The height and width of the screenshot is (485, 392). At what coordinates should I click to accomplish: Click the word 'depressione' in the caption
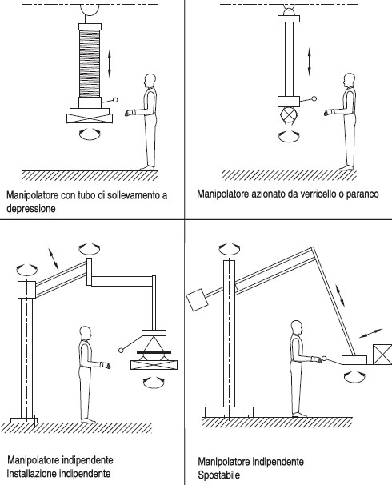pos(31,208)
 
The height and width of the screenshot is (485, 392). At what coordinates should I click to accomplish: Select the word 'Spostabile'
pos(218,475)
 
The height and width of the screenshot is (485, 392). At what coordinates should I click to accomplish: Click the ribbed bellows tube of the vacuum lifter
pos(90,63)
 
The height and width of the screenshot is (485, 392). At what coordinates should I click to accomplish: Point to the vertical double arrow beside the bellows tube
pos(109,64)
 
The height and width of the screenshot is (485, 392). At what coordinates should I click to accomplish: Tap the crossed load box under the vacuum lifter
pos(90,118)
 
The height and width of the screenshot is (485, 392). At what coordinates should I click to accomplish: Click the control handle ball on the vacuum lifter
pos(115,99)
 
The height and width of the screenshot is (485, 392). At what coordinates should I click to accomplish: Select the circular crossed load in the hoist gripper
pos(289,115)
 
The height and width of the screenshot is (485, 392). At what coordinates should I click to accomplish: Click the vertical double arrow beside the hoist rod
pos(309,62)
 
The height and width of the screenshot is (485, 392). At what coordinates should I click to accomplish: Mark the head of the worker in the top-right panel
pos(349,80)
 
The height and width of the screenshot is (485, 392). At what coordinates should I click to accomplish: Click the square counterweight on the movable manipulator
pos(197,299)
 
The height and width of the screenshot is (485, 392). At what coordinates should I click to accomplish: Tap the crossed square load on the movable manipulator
pos(382,355)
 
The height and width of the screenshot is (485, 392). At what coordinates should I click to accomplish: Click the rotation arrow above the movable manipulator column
pos(230,247)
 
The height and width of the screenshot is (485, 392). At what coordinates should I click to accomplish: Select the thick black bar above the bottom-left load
pos(154,352)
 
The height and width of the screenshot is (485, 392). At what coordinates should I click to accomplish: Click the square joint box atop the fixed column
pos(26,290)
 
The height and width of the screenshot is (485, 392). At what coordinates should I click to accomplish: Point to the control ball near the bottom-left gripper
pos(121,350)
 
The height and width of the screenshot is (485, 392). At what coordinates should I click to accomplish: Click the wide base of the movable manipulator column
pos(229,412)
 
